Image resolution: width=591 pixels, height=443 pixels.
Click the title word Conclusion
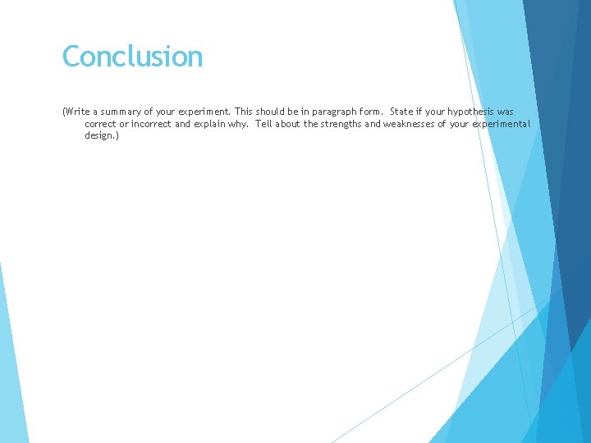click(x=132, y=57)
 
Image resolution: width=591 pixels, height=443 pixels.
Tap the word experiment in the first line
click(x=204, y=112)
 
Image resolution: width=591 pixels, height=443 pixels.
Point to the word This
click(x=244, y=112)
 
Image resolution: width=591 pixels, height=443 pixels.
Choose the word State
click(x=402, y=112)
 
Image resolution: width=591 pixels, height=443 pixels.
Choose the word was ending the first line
click(x=506, y=112)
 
